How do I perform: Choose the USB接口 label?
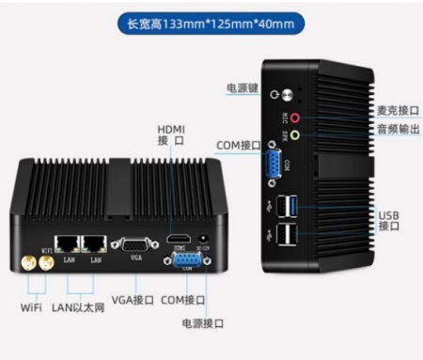tap(389, 220)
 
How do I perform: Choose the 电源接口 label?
tap(202, 323)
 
